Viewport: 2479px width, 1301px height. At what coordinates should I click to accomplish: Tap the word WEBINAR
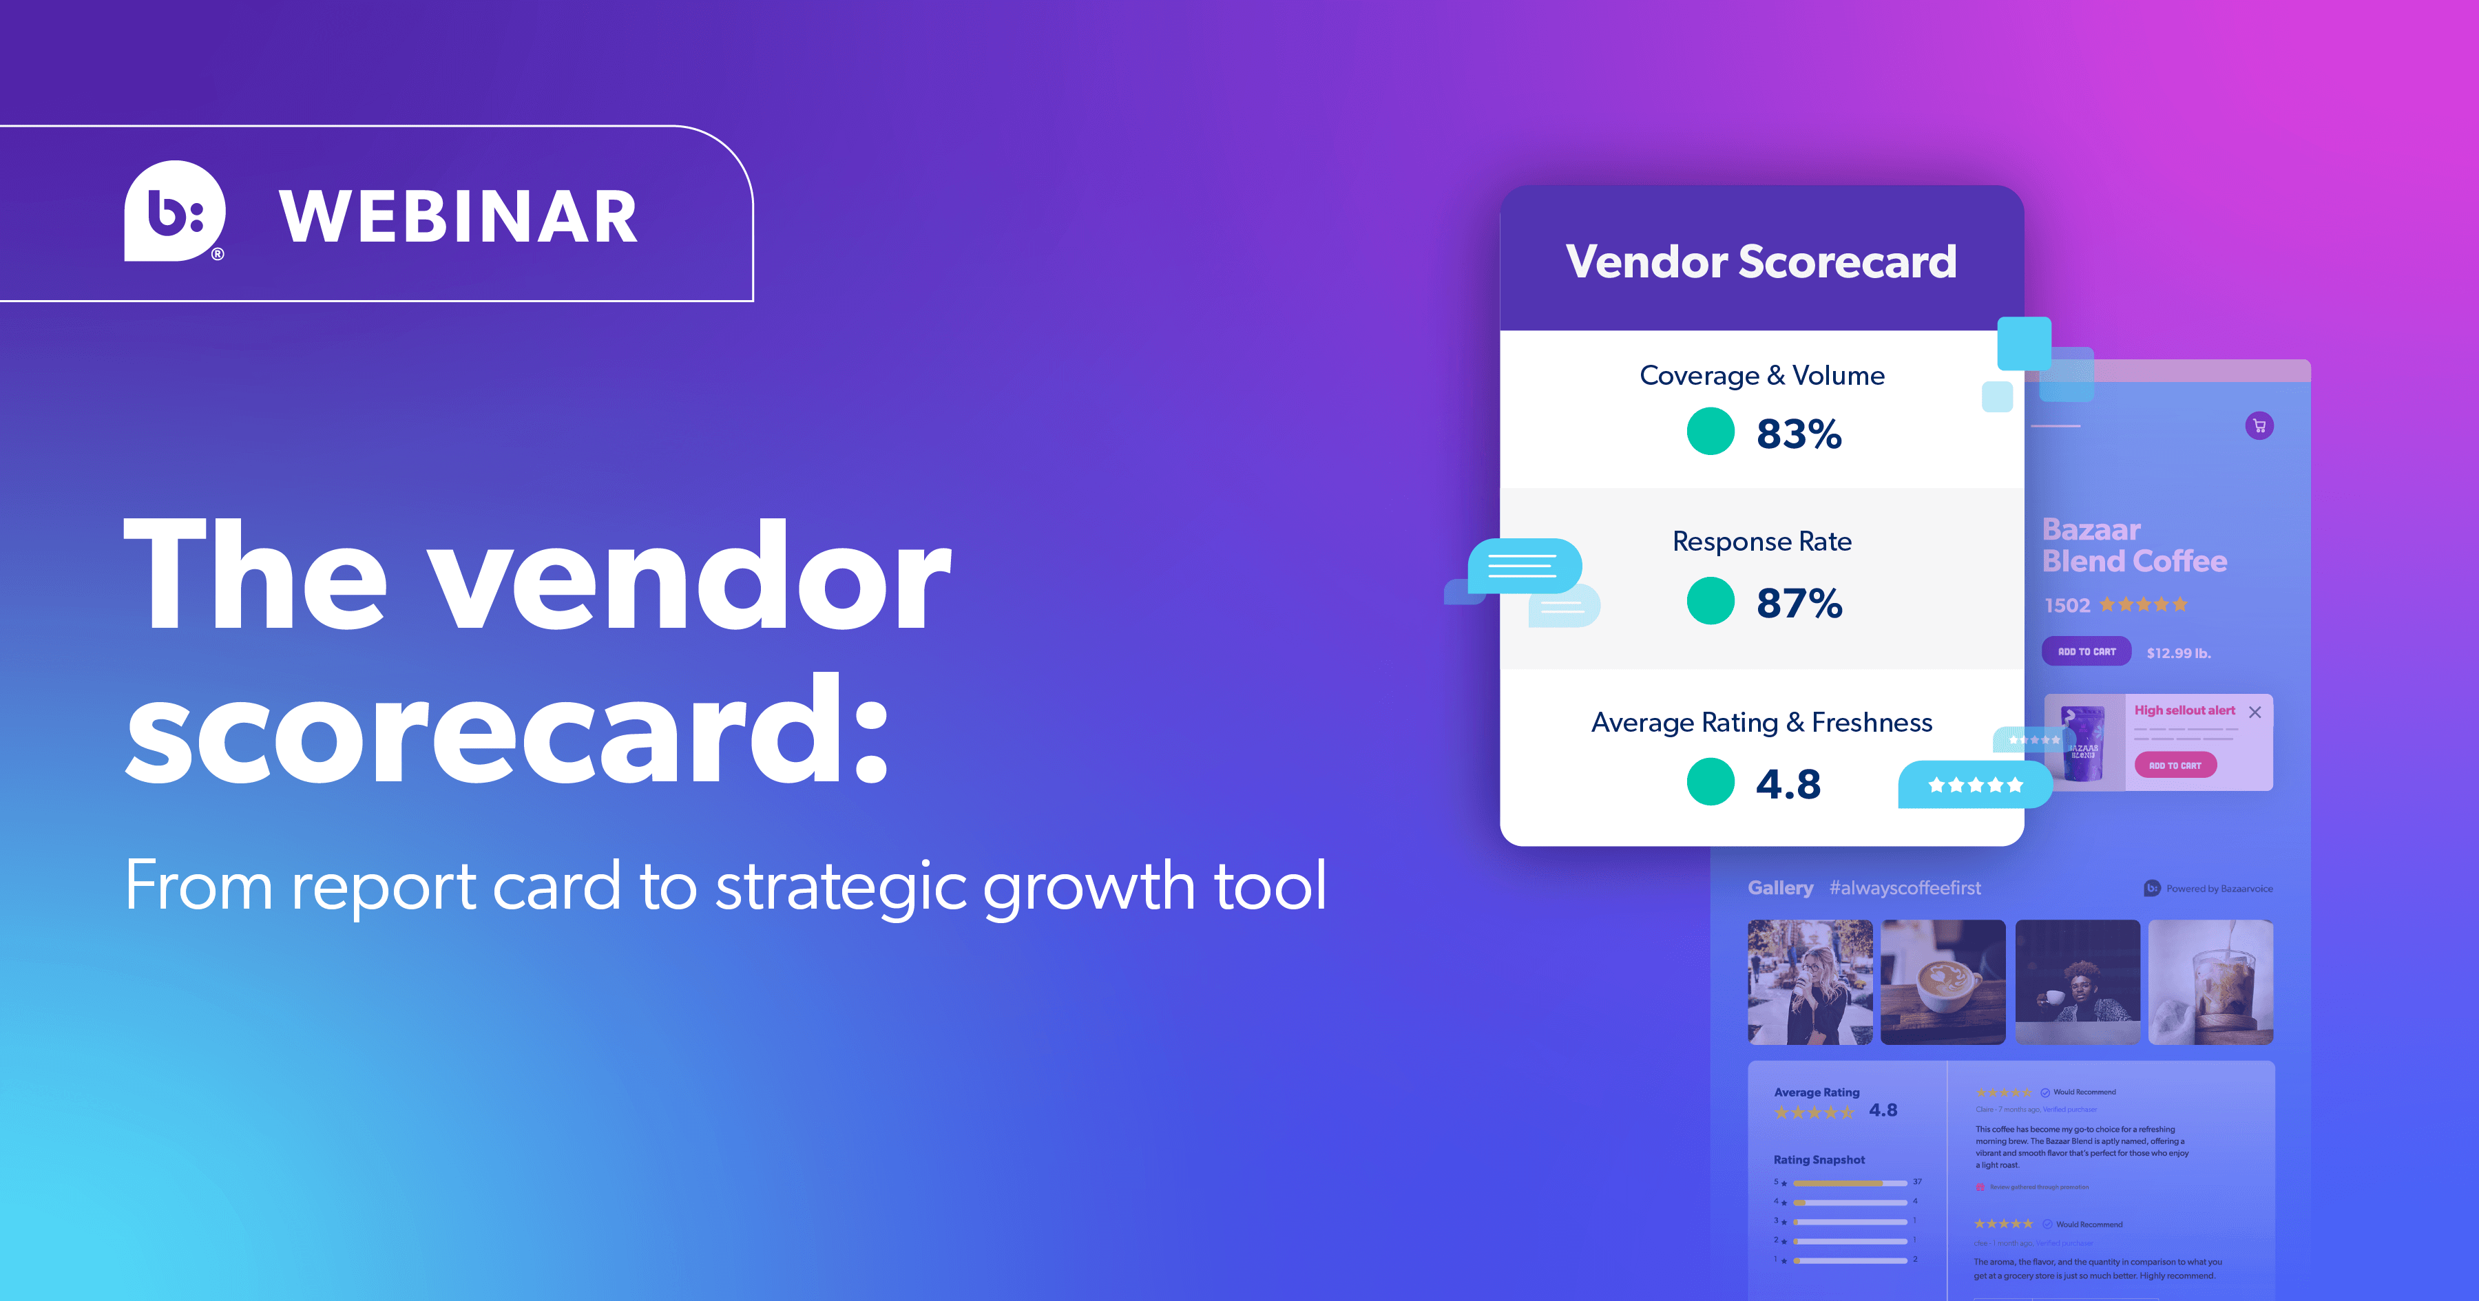pos(458,217)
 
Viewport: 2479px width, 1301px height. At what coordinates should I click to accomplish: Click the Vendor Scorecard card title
pos(1761,262)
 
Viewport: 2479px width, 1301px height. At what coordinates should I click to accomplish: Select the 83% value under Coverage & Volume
pos(1799,434)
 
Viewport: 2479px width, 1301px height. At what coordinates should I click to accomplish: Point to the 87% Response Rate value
pos(1799,604)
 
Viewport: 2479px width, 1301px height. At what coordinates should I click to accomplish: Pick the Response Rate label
pos(1761,541)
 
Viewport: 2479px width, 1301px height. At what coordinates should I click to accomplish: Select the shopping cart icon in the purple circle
pos(2259,425)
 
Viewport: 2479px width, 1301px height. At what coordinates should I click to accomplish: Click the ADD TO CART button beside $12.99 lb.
pos(2086,651)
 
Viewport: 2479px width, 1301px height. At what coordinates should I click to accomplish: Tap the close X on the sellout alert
pos(2255,712)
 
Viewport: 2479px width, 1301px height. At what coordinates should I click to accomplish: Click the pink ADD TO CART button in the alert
pos(2175,765)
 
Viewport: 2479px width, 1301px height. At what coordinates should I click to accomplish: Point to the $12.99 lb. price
pos(2179,653)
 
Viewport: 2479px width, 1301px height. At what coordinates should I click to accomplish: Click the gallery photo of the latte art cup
pos(1943,982)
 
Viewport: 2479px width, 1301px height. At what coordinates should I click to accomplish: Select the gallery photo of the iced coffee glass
pos(2210,982)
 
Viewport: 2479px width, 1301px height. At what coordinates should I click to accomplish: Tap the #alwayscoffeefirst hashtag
pos(1905,888)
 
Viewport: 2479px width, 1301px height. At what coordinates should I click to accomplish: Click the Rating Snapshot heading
pos(1819,1160)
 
